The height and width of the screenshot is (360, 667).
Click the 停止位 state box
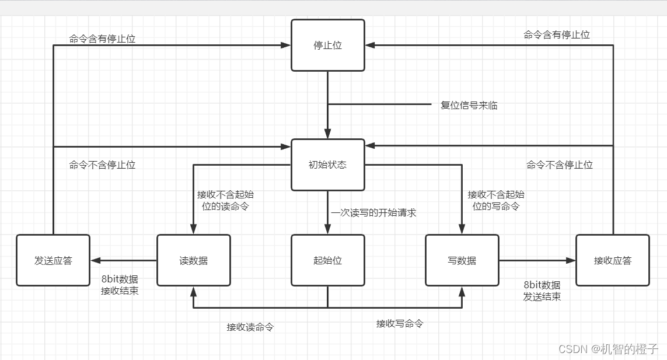328,46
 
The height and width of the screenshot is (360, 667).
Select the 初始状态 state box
328,165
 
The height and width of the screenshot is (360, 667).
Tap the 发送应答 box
53,260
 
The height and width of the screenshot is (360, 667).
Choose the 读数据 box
194,260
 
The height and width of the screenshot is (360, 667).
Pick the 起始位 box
328,260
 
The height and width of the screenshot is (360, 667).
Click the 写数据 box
462,260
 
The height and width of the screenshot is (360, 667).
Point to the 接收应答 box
613,260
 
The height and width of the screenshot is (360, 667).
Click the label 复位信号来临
469,106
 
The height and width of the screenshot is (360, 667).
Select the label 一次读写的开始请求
374,213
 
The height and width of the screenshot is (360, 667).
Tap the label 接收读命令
250,327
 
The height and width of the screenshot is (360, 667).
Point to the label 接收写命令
400,323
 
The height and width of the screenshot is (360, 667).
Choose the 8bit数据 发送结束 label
542,291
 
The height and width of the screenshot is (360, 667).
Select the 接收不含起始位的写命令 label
496,200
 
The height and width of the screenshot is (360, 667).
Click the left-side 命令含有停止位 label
102,39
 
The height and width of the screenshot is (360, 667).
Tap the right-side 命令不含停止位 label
560,165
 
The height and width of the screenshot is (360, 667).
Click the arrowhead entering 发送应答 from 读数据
95,260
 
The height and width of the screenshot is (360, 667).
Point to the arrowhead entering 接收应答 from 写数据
571,260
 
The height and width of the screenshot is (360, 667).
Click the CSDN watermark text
608,348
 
